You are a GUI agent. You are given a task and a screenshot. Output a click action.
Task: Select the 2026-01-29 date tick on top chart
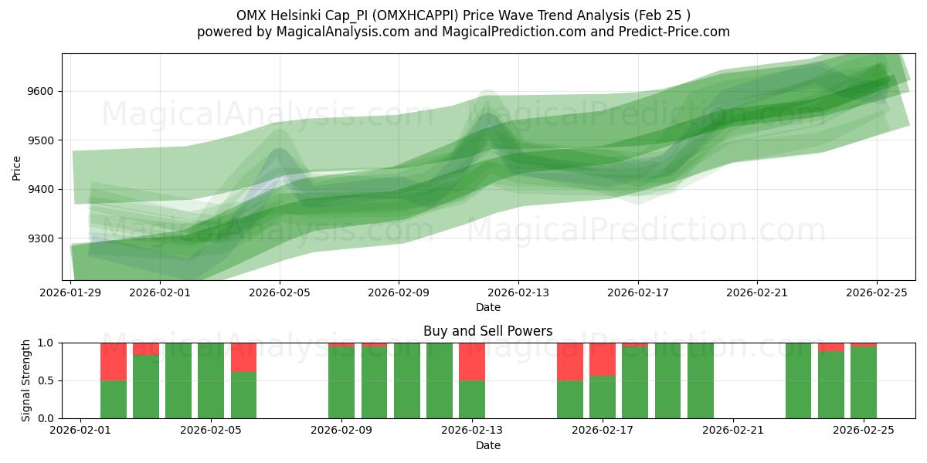pos(71,292)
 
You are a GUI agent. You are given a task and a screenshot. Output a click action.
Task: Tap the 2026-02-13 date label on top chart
pos(518,292)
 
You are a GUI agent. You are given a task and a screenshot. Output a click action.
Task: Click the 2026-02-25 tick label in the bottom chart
pos(864,431)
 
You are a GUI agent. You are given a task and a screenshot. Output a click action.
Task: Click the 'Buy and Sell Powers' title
pos(487,331)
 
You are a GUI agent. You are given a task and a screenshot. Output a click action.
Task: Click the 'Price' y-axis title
pos(16,167)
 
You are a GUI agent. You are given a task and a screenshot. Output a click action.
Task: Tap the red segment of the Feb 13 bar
pos(471,361)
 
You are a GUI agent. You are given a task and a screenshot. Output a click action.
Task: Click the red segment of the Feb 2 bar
pos(114,361)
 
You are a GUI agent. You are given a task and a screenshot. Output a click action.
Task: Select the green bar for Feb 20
pos(700,380)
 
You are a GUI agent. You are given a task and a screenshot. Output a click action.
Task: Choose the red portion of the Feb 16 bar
pos(569,361)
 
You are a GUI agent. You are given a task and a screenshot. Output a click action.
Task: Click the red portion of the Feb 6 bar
pos(243,357)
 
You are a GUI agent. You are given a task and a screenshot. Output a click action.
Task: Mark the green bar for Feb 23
pos(798,380)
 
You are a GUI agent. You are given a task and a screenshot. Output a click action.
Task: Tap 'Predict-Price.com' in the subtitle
pos(677,32)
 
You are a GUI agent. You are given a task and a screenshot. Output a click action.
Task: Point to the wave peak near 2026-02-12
pos(487,116)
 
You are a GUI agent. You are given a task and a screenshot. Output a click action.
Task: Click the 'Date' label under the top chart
pos(487,307)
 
